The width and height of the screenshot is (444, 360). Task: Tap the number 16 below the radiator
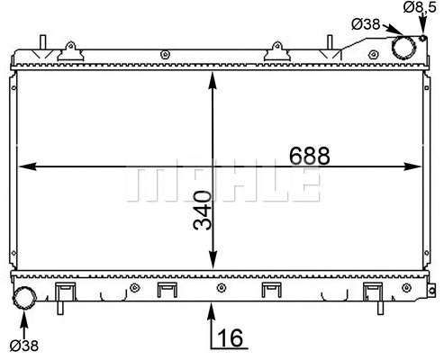231,338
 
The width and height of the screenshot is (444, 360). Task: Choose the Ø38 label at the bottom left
23,345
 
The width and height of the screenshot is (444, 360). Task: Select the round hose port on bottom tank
24,297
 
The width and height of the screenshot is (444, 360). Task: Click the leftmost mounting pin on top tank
41,43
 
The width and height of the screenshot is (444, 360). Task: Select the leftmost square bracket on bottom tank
63,292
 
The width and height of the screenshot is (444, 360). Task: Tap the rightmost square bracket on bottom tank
370,292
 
